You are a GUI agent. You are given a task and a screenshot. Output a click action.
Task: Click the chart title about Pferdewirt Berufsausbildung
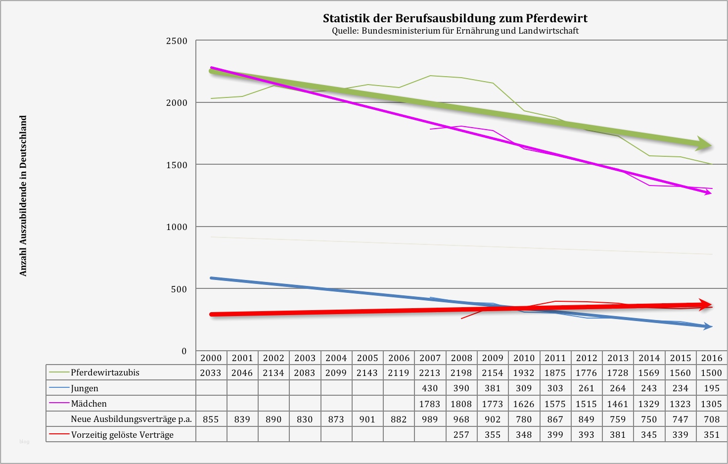455,18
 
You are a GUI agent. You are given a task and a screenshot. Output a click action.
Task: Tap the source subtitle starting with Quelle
455,31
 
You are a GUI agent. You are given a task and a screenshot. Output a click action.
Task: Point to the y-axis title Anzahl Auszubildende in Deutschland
23,196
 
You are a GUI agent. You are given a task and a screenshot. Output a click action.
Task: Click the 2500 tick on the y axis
177,41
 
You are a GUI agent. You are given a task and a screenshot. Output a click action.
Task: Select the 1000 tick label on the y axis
177,227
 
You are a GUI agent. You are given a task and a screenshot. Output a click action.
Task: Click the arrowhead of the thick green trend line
705,144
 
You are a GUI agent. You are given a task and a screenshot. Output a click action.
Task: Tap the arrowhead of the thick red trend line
706,304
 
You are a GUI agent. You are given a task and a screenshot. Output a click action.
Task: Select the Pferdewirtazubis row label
105,372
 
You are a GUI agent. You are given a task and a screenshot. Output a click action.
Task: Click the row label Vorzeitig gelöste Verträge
122,435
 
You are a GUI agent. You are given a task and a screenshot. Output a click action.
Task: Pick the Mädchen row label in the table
89,404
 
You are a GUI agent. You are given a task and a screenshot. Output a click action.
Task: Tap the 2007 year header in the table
430,358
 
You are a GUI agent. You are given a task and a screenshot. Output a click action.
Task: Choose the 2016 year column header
712,358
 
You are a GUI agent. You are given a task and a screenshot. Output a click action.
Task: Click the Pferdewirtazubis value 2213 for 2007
430,373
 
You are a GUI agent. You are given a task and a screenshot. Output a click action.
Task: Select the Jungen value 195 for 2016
712,388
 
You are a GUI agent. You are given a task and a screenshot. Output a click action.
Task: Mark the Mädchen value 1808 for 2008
461,404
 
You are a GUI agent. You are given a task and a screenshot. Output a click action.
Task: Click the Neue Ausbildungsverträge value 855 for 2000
211,419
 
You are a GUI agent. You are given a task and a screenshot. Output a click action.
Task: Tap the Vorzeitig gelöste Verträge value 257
461,435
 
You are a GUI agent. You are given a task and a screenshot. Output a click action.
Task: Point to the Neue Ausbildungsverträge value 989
430,419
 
